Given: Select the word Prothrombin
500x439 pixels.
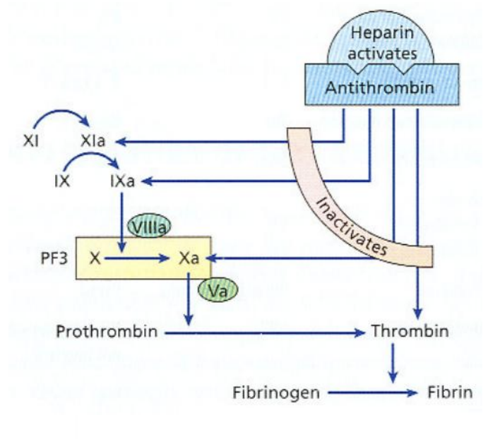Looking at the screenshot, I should click(x=98, y=331).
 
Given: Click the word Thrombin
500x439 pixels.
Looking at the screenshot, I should click(x=410, y=331).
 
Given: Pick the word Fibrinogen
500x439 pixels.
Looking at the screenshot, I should click(x=273, y=392).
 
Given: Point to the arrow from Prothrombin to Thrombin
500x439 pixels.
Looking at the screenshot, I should click(x=268, y=332).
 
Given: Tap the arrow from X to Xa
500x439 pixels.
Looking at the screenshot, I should click(x=138, y=259).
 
